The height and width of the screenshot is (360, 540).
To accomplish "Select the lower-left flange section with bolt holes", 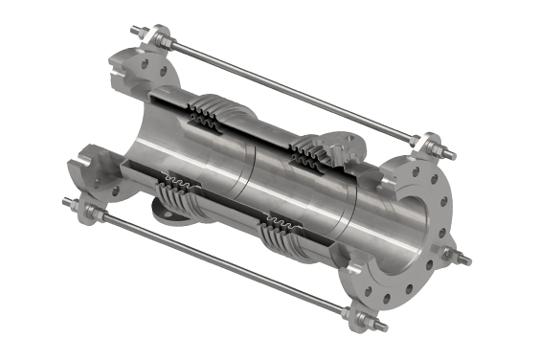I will [91, 172].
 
